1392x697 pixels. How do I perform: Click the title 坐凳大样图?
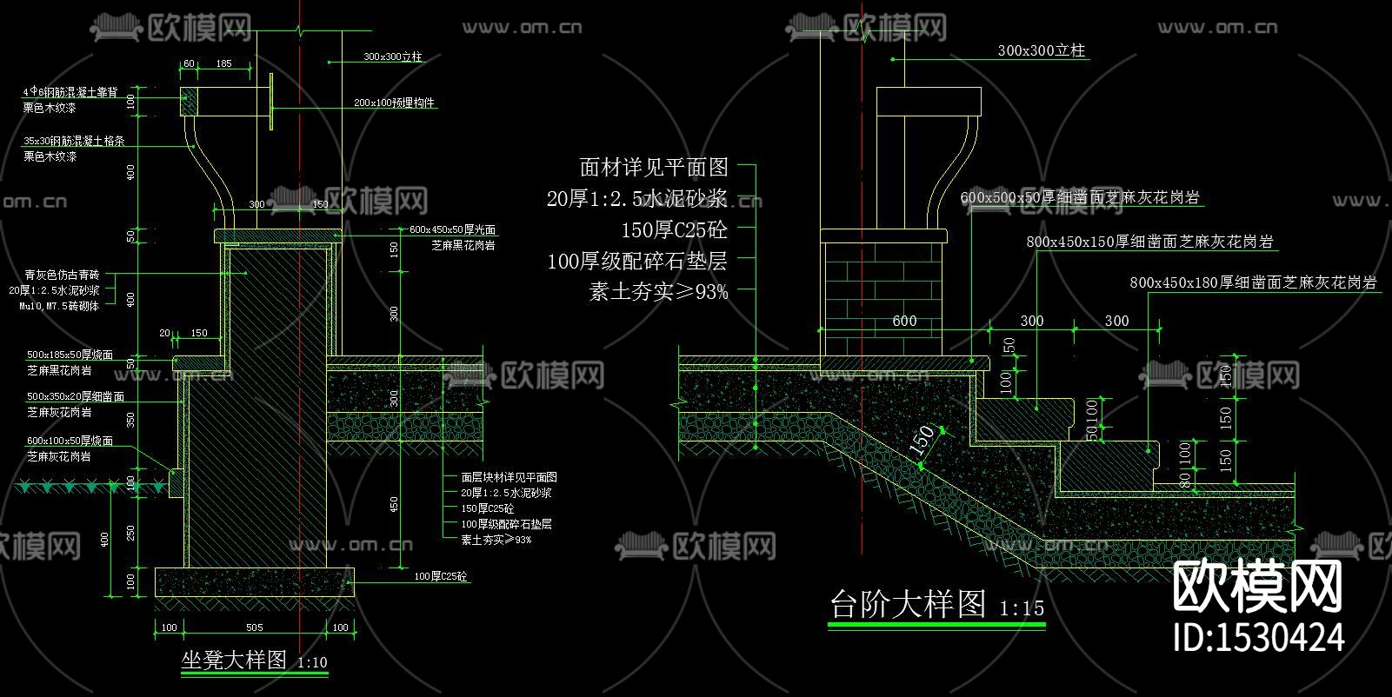click(233, 660)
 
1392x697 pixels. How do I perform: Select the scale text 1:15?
click(1022, 607)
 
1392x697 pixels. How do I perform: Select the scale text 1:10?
click(312, 662)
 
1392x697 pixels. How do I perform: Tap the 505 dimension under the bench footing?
click(254, 627)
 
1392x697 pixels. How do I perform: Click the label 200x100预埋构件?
click(394, 103)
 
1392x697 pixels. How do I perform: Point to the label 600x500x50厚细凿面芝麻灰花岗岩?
click(1079, 198)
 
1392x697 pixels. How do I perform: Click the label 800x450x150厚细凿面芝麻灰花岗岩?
click(1149, 242)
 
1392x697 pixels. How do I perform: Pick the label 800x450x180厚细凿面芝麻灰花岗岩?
click(1252, 282)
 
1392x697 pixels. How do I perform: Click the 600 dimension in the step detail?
click(904, 321)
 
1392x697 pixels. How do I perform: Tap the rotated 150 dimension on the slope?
click(922, 441)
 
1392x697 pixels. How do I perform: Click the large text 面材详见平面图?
click(653, 166)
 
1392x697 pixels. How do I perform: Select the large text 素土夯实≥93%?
click(658, 292)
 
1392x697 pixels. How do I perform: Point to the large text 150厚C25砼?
click(674, 229)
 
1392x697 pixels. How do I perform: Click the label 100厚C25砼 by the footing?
click(440, 576)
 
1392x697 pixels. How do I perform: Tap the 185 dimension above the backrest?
click(223, 63)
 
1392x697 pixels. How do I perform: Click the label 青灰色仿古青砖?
click(62, 275)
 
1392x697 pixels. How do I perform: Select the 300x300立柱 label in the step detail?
click(1041, 50)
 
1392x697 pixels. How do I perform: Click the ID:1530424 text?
click(1259, 637)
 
